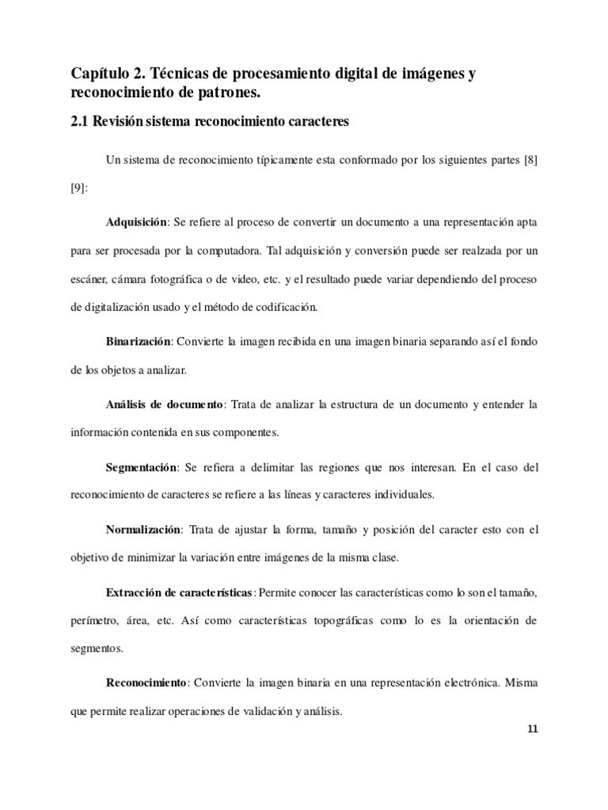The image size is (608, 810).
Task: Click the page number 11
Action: point(532,729)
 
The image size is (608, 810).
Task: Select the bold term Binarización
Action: point(139,341)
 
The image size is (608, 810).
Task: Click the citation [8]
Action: point(530,161)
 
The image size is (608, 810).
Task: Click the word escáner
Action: point(89,282)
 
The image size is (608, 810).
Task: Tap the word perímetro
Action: point(95,622)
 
